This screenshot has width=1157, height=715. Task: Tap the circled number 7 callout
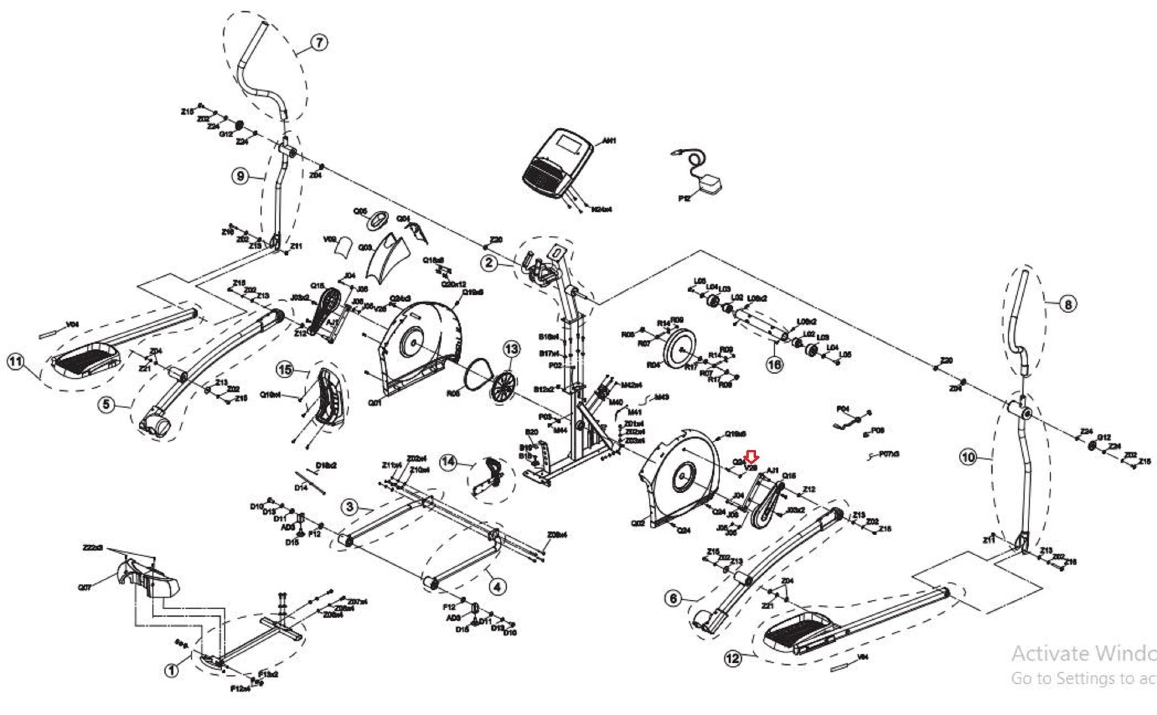(319, 42)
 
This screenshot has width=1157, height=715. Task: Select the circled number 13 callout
(511, 349)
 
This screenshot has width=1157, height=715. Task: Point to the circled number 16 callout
(774, 364)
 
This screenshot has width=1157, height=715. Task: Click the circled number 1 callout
(171, 670)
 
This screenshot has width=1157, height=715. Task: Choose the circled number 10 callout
(968, 457)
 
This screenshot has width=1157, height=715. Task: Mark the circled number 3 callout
(350, 506)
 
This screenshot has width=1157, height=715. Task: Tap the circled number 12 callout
(732, 658)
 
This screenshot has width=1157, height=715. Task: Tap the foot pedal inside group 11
(86, 360)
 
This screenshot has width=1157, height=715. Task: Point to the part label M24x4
(601, 210)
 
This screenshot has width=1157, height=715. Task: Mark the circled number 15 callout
(285, 370)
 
